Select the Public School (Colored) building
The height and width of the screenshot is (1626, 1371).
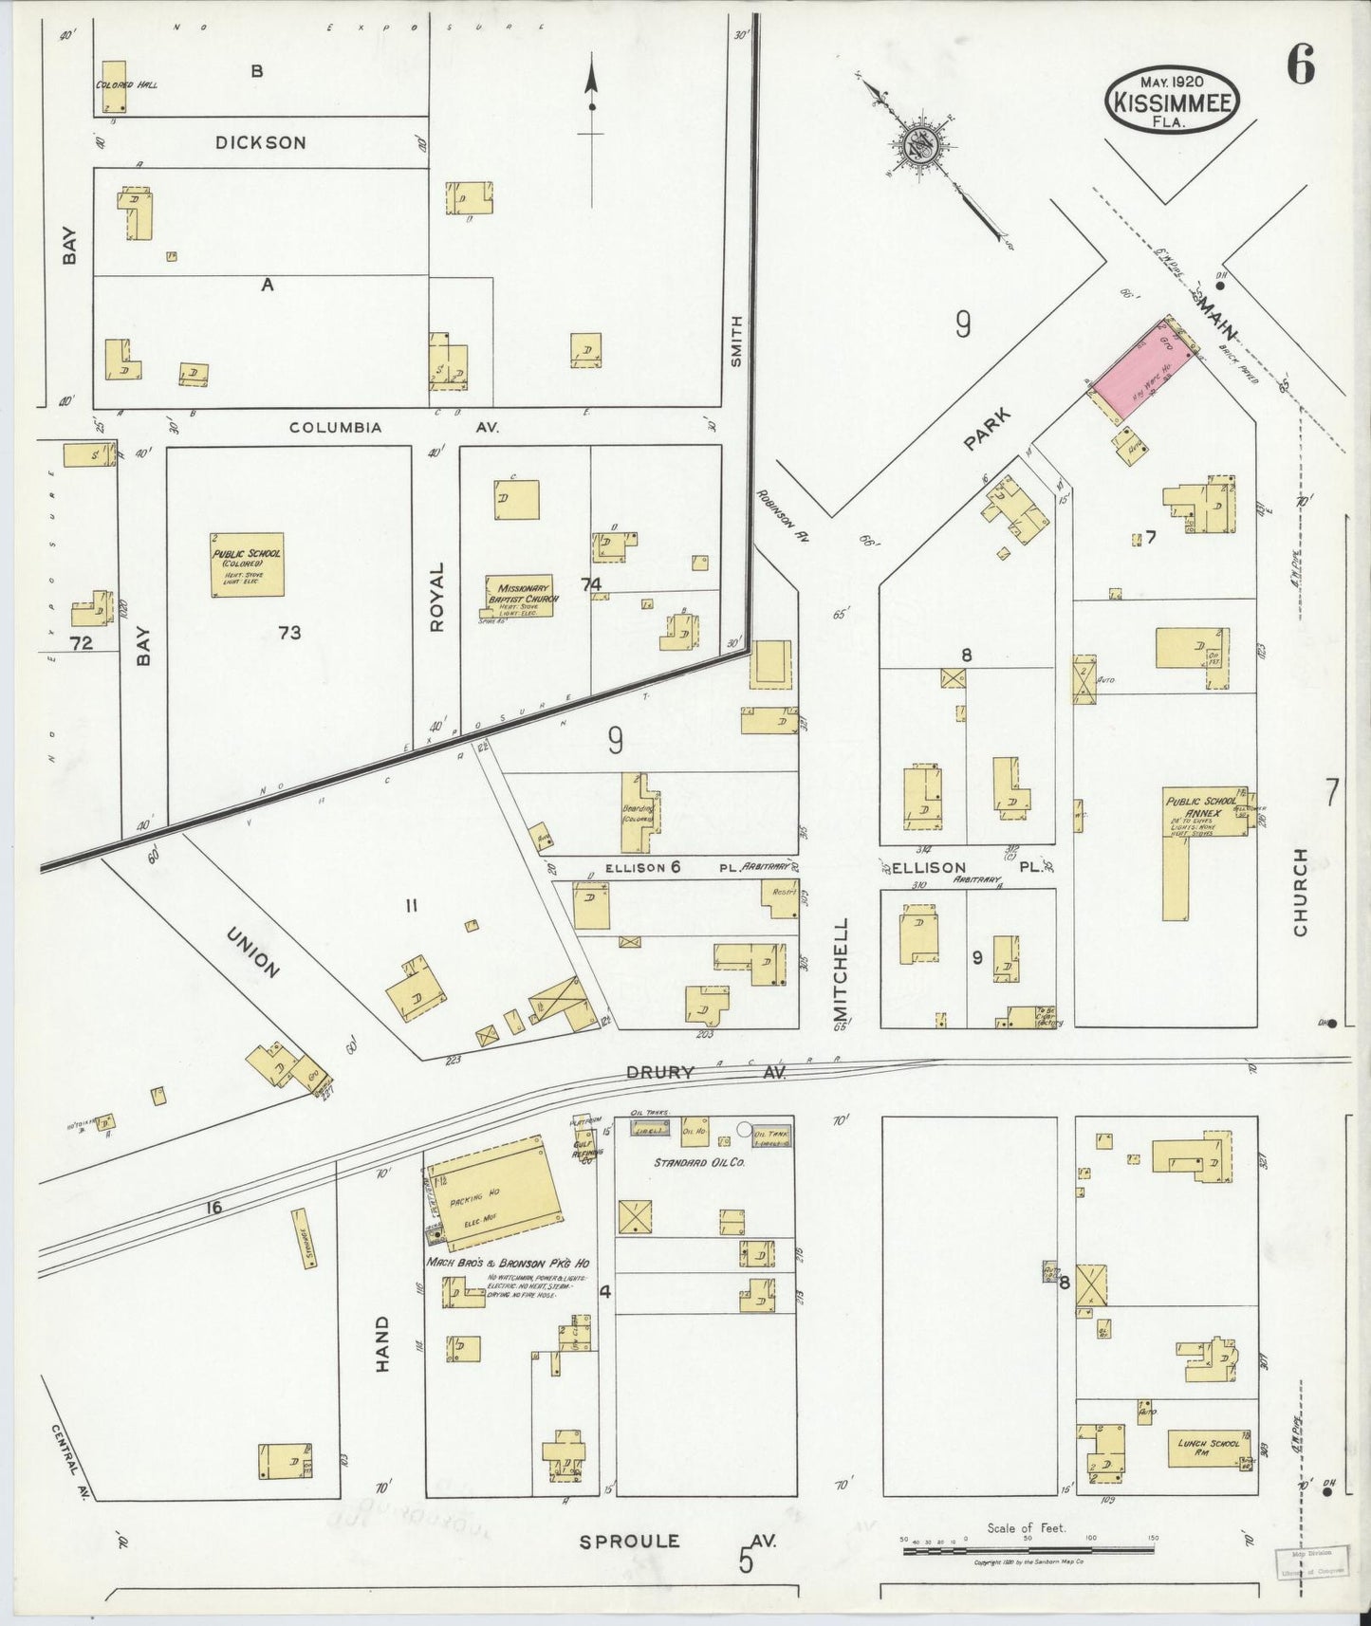coord(247,564)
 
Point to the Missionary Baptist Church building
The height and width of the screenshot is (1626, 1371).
coord(518,596)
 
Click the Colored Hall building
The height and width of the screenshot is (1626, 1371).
coord(114,86)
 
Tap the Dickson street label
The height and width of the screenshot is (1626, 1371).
coord(260,143)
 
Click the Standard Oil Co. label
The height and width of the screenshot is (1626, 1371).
coord(699,1162)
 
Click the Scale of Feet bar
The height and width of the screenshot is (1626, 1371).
coord(1028,1550)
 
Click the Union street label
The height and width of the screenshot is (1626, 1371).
coord(253,952)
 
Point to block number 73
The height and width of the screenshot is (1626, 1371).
coord(289,632)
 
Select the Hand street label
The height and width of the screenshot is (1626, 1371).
coord(382,1343)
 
